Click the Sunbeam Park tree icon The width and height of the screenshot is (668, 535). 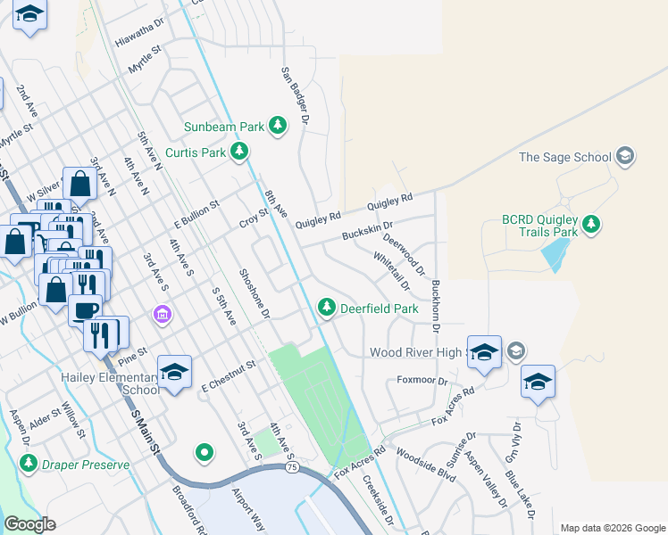coord(279,127)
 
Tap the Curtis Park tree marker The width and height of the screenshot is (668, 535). coord(238,152)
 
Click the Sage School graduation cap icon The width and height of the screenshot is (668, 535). coord(625,157)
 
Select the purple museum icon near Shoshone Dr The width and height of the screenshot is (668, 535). coord(162,314)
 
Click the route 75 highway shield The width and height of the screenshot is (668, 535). coord(292,466)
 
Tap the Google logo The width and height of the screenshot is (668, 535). coord(30,524)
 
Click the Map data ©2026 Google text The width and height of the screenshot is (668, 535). coord(612,528)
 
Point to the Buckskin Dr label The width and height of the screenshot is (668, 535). coord(368,230)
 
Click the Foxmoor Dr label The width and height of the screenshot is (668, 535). coord(422,381)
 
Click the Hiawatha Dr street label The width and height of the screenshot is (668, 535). coord(141,35)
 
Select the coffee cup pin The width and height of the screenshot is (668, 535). coord(86,311)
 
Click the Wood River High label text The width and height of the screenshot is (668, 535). coord(416,353)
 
